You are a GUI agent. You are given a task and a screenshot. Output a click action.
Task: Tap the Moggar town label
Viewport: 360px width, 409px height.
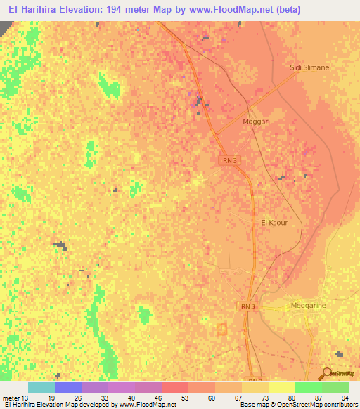click(255, 121)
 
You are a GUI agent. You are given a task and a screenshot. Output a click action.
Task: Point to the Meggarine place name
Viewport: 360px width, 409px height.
click(309, 306)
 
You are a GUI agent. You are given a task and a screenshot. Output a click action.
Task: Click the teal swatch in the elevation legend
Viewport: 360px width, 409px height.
click(41, 387)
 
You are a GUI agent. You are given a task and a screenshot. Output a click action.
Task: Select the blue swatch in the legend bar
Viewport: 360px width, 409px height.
click(67, 387)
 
